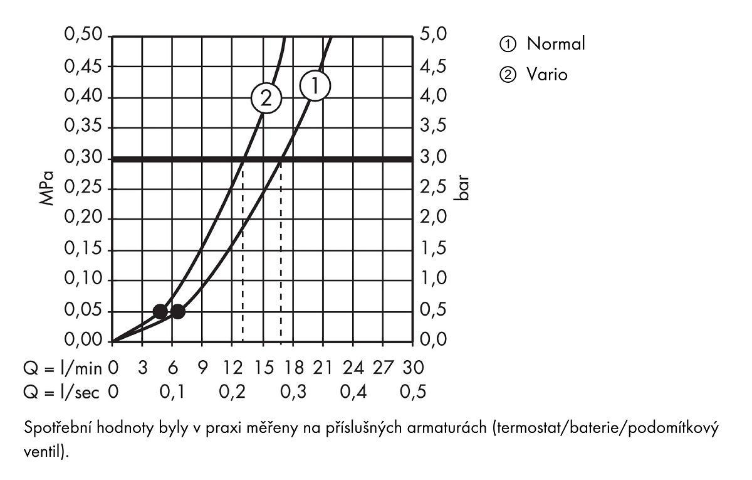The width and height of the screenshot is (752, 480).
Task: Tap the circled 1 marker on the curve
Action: (315, 86)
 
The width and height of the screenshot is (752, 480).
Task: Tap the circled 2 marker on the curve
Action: (266, 98)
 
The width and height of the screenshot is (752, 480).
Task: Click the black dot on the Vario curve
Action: (160, 311)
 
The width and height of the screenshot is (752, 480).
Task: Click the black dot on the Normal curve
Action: (177, 312)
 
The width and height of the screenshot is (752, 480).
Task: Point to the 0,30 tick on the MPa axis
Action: (83, 157)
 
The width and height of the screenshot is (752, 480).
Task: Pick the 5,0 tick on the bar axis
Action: (434, 35)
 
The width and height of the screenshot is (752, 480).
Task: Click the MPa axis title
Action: (46, 188)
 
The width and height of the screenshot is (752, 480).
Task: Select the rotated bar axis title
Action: (461, 188)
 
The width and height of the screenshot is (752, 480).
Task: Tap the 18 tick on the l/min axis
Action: (294, 368)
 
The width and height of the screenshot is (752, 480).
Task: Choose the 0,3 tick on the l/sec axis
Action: (293, 392)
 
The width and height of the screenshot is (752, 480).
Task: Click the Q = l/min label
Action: (63, 368)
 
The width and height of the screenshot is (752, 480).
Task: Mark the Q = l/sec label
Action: (61, 392)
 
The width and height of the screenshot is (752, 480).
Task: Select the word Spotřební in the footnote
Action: (58, 428)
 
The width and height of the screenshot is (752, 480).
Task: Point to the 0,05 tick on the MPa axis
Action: (83, 310)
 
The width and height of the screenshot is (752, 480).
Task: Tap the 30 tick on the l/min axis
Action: (413, 368)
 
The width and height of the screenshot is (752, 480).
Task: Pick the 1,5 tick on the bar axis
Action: (434, 248)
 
